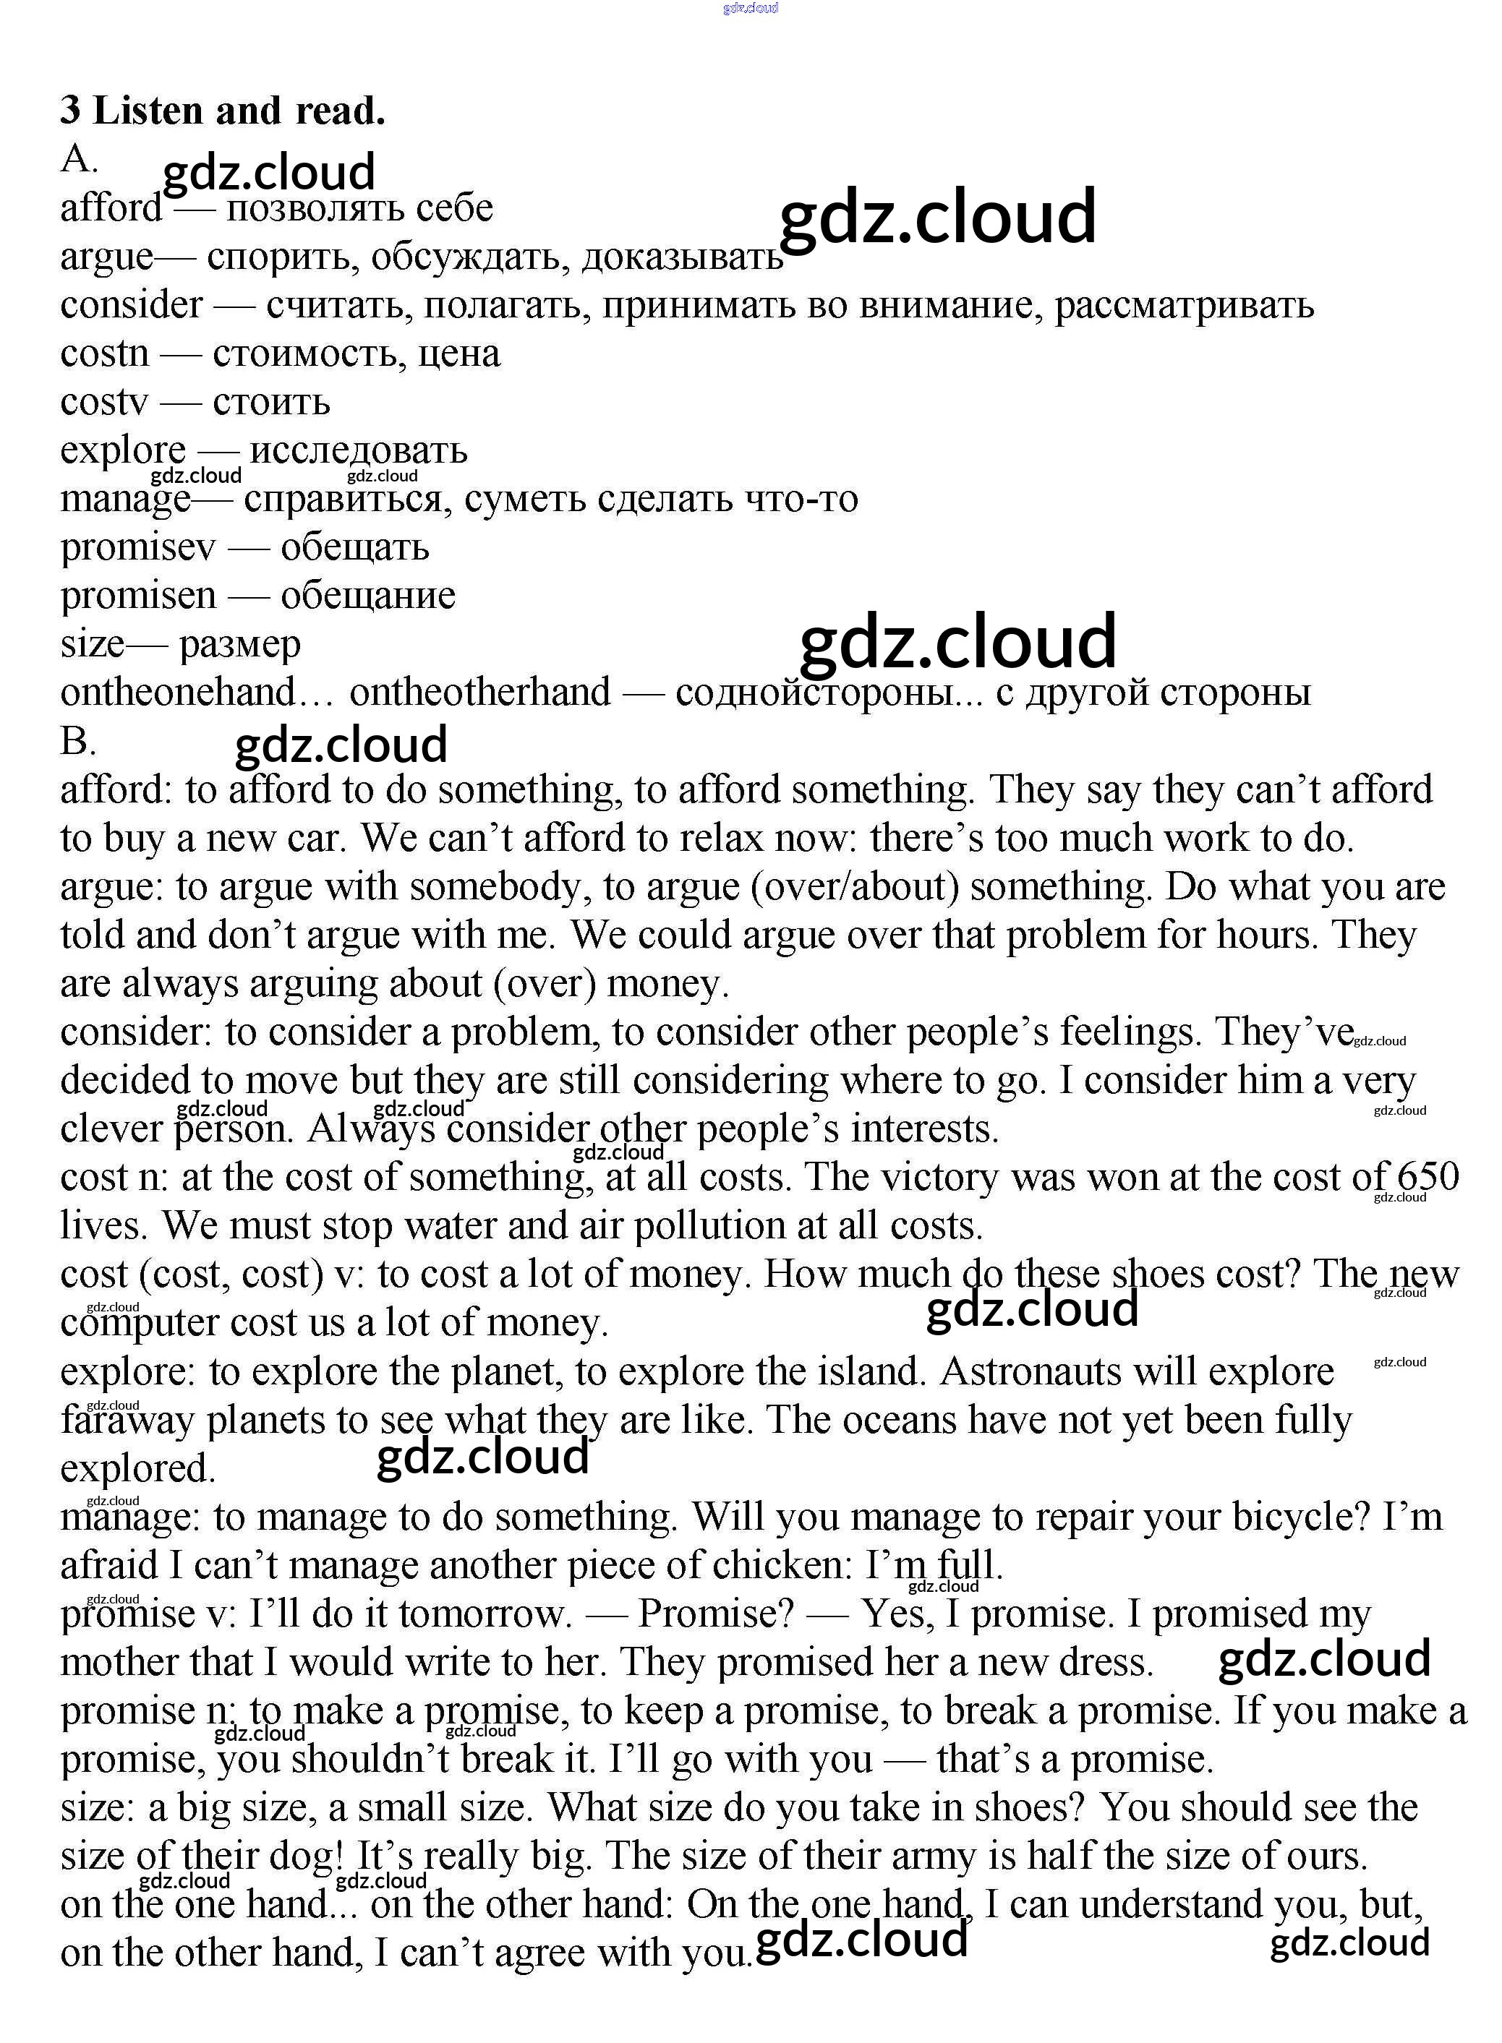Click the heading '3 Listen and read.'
point(223,111)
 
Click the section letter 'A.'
point(78,160)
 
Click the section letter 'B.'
point(78,742)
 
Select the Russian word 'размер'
point(239,644)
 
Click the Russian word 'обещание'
point(367,595)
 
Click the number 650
point(1428,1177)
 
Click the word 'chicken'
point(782,1565)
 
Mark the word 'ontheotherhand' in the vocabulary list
point(480,693)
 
